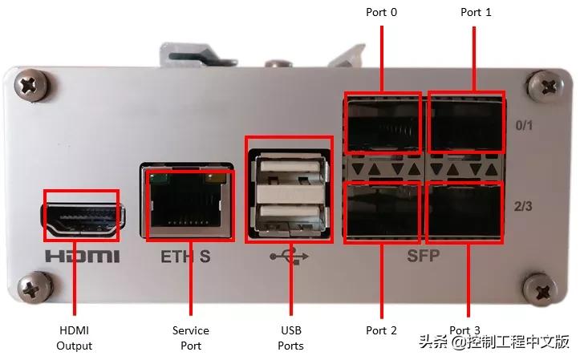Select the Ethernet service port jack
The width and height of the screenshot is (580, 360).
pos(187,200)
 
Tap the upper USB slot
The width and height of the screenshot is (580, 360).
pos(290,167)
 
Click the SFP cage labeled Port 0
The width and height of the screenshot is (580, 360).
pos(383,123)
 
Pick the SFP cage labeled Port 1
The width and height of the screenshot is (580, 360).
pos(466,123)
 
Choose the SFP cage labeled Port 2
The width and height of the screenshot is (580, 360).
pos(383,212)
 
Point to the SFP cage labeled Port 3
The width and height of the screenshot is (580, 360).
pos(465,212)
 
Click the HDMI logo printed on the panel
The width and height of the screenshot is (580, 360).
pos(83,256)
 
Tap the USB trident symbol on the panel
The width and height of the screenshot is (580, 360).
pos(289,256)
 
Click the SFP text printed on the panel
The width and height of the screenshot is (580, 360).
pos(423,256)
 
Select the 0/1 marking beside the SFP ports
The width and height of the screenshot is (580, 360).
pos(524,126)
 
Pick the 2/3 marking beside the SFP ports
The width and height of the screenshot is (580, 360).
pos(523,206)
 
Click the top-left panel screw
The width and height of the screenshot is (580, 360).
pos(30,85)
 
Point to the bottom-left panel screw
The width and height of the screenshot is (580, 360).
pos(34,288)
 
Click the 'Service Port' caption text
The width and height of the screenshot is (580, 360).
pos(190,338)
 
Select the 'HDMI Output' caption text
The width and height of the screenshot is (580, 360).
pos(74,338)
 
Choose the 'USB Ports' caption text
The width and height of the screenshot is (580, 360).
pos(290,338)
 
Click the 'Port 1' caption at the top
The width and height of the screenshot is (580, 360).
pos(476,12)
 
